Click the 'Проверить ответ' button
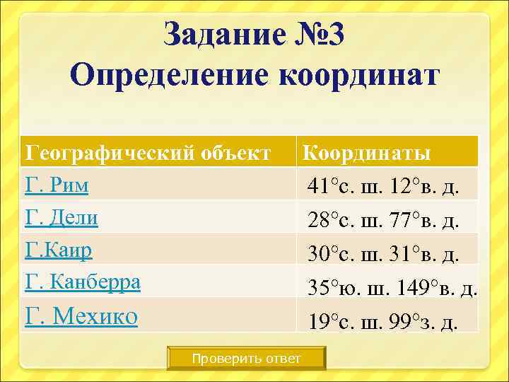pos(246,359)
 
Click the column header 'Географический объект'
pos(148,152)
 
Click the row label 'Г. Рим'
pos(57,185)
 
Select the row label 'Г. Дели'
pos(62,218)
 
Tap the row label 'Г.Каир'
pos(59,250)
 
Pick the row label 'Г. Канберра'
pos(83,283)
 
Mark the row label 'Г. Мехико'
pos(81,316)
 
